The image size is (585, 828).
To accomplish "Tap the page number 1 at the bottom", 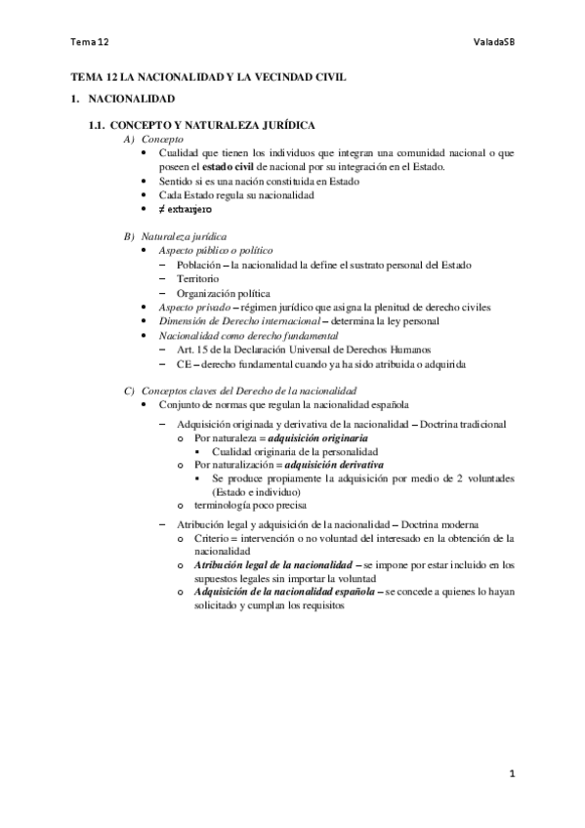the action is point(511,774).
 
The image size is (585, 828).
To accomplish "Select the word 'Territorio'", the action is point(198,279).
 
